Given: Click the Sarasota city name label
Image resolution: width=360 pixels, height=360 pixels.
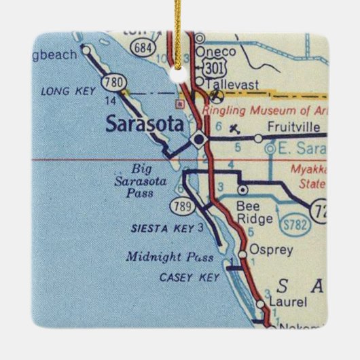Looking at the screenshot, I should coord(145,124).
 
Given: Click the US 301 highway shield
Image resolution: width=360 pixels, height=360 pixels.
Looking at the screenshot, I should coord(209,67).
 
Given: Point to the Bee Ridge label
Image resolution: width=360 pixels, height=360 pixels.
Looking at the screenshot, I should coord(254,212).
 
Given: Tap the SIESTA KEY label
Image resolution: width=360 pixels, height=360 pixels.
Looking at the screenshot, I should coord(161,229).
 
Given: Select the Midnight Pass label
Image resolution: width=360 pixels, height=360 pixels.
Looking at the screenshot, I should coord(169,257).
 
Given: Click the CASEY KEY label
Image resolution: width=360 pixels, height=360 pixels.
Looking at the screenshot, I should coord(181,278).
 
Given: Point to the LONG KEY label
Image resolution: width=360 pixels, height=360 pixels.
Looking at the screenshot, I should coord(66,90).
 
